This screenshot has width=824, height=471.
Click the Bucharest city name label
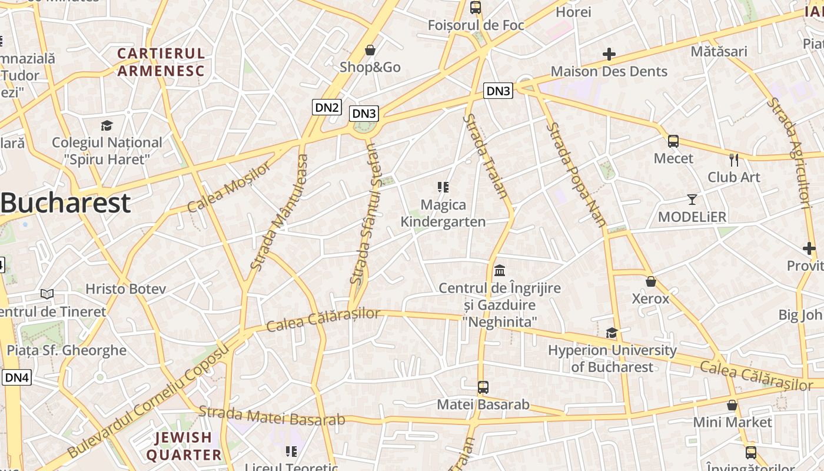tap(65, 203)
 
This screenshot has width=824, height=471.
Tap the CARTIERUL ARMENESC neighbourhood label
tap(161, 62)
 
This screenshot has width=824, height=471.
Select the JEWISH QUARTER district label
tap(184, 446)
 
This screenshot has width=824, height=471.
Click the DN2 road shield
tap(327, 107)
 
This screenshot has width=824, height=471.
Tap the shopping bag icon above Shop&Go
tap(370, 51)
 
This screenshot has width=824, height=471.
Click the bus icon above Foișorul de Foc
tap(476, 8)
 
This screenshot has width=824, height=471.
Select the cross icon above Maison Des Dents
tap(609, 55)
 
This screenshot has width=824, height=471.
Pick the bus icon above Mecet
tap(673, 141)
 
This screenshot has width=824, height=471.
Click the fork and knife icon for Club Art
tap(734, 160)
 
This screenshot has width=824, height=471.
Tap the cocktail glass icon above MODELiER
tap(692, 200)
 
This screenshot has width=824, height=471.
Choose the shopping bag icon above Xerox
tap(650, 281)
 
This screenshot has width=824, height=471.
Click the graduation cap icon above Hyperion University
tap(612, 333)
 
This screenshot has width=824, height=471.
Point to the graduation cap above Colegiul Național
tap(107, 125)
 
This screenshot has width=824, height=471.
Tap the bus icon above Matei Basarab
tap(483, 387)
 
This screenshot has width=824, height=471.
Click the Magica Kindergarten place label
tap(443, 213)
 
